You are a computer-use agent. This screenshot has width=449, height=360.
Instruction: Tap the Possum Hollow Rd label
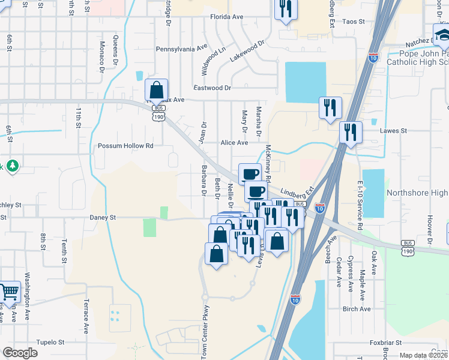[126, 146]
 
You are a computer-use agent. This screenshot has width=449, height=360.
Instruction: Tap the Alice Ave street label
[234, 143]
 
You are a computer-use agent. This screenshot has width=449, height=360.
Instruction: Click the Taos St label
[353, 22]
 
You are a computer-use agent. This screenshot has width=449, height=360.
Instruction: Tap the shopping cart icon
[10, 292]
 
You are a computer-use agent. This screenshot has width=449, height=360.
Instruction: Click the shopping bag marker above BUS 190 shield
[156, 90]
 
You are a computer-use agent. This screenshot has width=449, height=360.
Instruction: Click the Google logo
[20, 353]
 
